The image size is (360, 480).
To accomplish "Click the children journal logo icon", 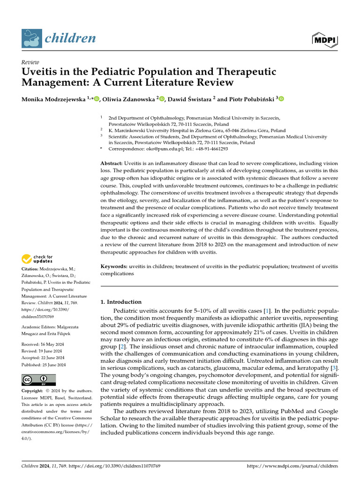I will (x=31, y=39).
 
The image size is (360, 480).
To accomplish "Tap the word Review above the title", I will (x=30, y=62).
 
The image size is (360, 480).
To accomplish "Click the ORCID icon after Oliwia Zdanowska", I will (x=162, y=98).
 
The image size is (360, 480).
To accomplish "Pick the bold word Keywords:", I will (x=114, y=266).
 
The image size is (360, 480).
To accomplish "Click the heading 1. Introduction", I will (x=121, y=302).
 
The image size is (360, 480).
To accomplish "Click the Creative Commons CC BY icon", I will (x=38, y=380).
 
